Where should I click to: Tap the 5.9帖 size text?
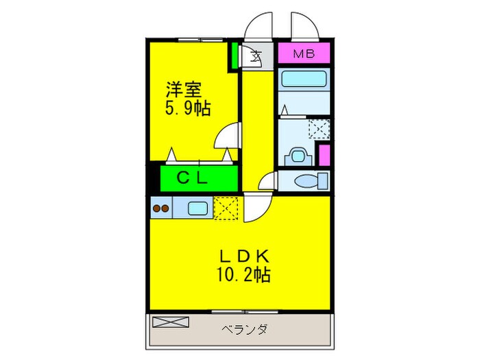187,108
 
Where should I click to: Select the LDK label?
246,256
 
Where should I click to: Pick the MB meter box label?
303,53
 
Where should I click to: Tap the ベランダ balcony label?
245,330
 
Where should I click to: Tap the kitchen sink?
197,208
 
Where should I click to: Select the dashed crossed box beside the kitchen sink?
224,208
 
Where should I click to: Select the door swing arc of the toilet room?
267,182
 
